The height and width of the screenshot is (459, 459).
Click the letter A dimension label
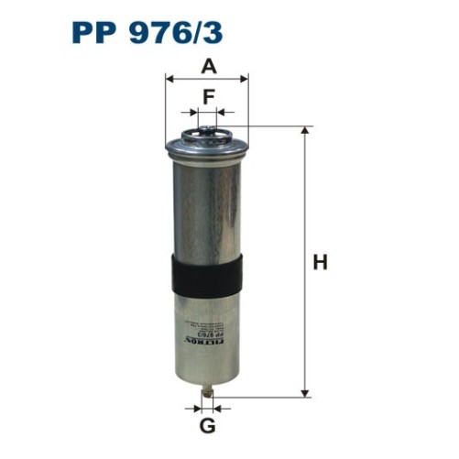coord(208,66)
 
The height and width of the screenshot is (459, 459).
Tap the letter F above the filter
coord(208,94)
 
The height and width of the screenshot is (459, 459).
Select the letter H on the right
coord(320,263)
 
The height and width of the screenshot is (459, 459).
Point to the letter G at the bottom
coord(208,425)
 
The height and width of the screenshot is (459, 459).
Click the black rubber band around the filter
coord(208,273)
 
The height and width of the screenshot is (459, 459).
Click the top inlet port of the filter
coord(207,135)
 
